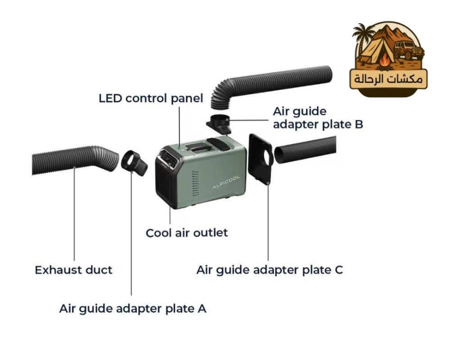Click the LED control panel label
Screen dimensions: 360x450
pos(151,98)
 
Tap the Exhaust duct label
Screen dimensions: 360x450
pos(73,270)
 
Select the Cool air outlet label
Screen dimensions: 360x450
pos(187,233)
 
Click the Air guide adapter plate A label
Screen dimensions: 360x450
pos(133,309)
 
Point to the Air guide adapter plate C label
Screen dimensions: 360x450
pos(270,270)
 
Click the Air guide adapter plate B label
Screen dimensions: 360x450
pos(318,118)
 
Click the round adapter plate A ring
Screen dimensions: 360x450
pos(134,162)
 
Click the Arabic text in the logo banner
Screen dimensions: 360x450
pos(388,79)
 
